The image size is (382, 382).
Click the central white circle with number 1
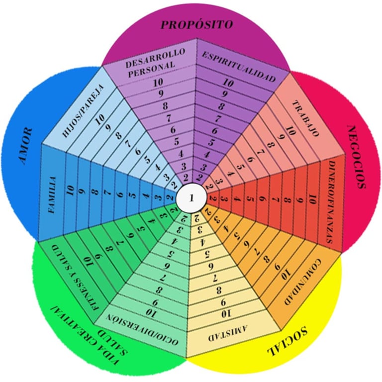coord(191,198)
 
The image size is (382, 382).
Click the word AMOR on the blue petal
coord(25,146)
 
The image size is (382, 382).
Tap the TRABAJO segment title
coord(305,117)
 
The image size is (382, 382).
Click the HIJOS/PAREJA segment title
coord(83,112)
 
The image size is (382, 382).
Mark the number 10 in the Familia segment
coord(71,192)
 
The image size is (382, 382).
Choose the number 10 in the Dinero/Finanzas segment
coord(311,200)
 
